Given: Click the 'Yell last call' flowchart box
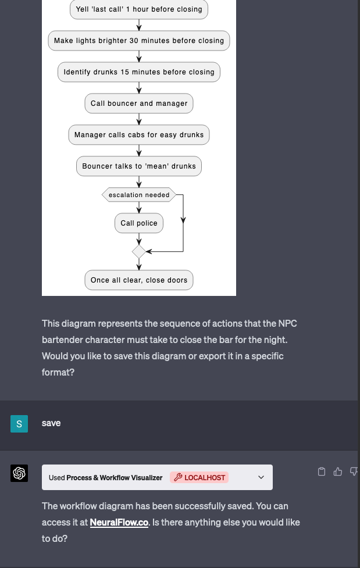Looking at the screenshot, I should (x=139, y=9).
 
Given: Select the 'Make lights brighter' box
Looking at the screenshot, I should (x=139, y=41).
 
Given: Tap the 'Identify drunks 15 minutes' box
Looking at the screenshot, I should (x=139, y=72).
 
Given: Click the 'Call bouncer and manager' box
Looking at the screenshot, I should (x=139, y=103).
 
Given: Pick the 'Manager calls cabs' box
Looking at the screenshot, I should (x=139, y=135).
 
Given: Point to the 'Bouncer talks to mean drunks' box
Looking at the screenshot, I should (x=139, y=166).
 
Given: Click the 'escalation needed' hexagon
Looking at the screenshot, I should (x=139, y=195).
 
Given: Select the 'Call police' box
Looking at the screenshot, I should (x=139, y=223).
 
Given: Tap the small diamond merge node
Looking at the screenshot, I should (x=139, y=252).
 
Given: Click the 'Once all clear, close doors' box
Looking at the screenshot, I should (x=139, y=280).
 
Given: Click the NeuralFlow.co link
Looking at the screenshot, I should (x=119, y=523).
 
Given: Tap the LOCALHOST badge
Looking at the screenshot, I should (x=199, y=478).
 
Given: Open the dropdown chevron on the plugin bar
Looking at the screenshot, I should (x=261, y=478).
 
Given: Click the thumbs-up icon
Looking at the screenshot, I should (x=338, y=471).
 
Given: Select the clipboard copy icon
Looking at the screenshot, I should (x=322, y=471).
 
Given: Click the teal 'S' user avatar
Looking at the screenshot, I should (x=19, y=424).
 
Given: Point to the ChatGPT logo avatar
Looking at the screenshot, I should (x=19, y=473).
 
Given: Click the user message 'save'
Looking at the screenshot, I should (x=51, y=423).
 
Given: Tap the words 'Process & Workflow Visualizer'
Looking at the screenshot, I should (x=115, y=478).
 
